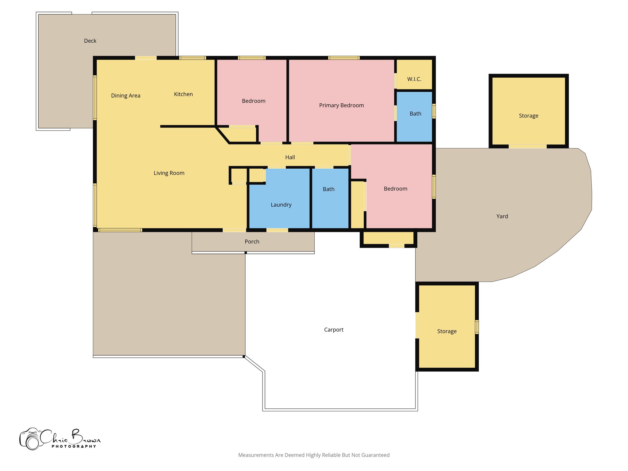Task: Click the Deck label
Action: click(x=90, y=41)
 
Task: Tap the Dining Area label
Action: click(x=125, y=96)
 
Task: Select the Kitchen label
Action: click(x=183, y=94)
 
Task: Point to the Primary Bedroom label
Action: click(x=341, y=105)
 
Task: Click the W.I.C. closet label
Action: click(x=414, y=79)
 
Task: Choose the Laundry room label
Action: click(x=281, y=205)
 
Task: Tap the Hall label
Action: click(x=290, y=157)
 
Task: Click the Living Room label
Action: click(x=169, y=173)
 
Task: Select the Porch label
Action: click(x=252, y=242)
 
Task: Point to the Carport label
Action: click(x=334, y=330)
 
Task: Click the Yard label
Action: click(x=502, y=216)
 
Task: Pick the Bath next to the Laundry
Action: click(x=328, y=189)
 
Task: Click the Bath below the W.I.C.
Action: click(x=415, y=114)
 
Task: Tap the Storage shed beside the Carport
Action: click(x=447, y=331)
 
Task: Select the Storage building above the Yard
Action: click(x=528, y=116)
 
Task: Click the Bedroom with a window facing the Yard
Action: click(x=395, y=189)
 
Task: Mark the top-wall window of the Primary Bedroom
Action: click(x=343, y=58)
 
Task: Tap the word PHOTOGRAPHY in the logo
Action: click(x=74, y=446)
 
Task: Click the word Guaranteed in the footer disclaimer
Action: click(x=375, y=455)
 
